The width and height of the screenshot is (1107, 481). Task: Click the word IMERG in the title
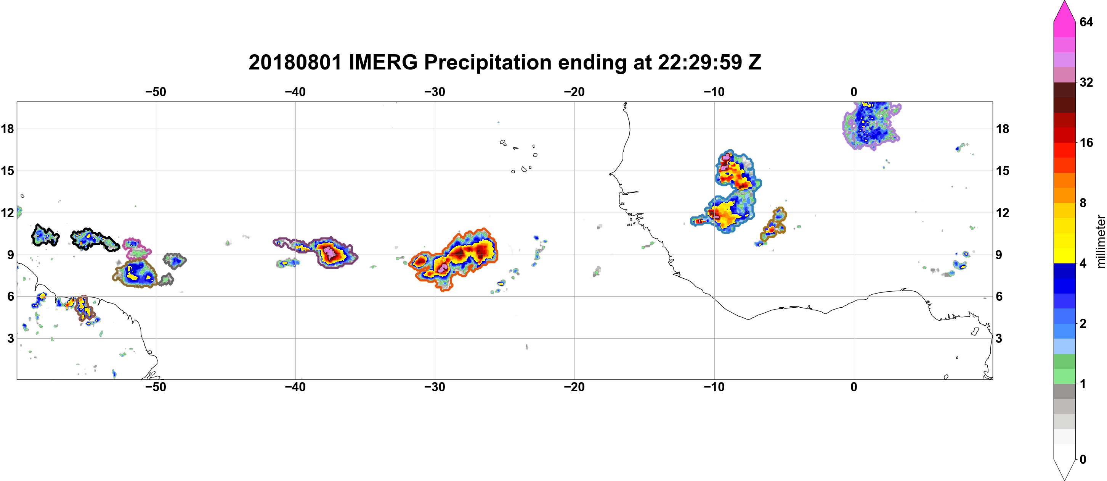(383, 62)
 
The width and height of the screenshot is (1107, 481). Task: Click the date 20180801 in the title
(295, 62)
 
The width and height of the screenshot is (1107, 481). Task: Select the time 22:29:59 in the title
(699, 62)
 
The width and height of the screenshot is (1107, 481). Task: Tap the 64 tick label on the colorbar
(1086, 22)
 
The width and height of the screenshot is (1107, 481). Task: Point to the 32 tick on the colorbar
(1086, 82)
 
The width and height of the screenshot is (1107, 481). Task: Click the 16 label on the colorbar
(1086, 142)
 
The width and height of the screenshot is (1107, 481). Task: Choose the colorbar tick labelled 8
(1083, 203)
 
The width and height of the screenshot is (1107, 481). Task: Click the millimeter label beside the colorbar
(1101, 241)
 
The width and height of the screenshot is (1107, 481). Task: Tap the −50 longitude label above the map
(156, 92)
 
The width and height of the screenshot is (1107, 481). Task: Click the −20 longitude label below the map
(574, 387)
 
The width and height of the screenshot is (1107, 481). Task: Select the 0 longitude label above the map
(854, 92)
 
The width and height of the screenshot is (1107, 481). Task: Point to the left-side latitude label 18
(7, 129)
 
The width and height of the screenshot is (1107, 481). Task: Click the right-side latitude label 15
(1003, 171)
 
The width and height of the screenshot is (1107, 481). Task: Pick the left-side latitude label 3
(10, 338)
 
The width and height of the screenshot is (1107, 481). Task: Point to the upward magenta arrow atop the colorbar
(1064, 11)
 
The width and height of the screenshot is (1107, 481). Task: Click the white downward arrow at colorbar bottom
(1064, 469)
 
